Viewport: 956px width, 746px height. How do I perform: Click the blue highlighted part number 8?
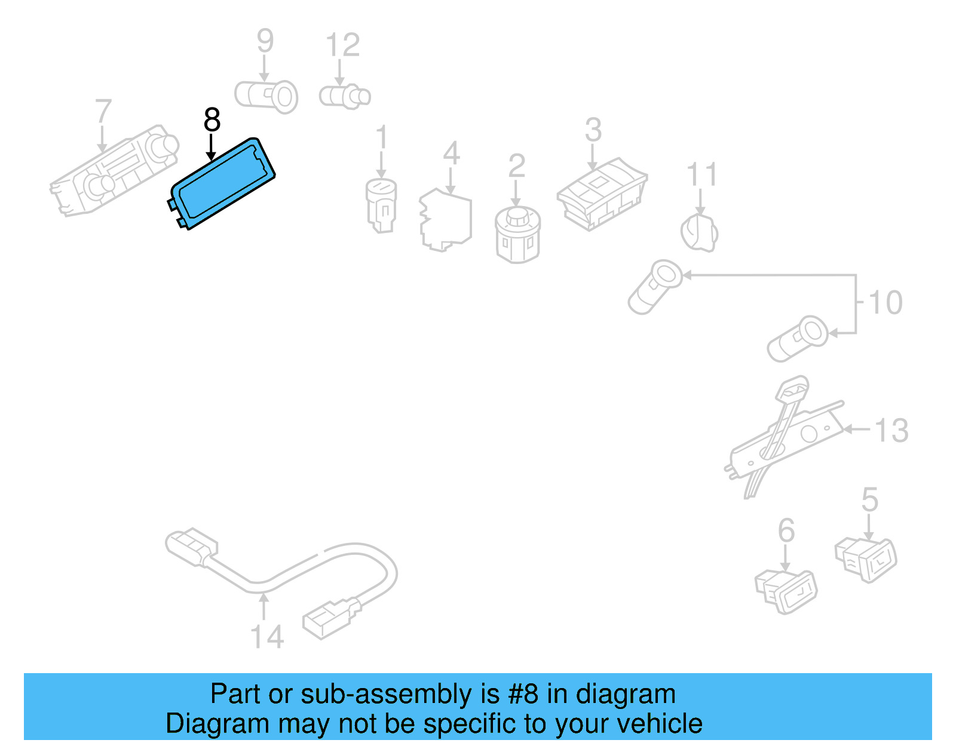coord(222,183)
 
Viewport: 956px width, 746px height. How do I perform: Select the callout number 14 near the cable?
coord(266,637)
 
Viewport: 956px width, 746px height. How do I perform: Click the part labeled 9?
coord(267,96)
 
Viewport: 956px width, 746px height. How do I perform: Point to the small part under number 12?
coord(345,96)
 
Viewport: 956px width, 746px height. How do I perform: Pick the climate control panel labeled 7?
coord(114,171)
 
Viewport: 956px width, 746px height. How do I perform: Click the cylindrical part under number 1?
coord(381,205)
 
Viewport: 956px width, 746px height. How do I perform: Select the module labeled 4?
coord(446,220)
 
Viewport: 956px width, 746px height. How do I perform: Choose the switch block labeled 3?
coord(602,193)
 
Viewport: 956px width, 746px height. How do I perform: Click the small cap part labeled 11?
coord(699,233)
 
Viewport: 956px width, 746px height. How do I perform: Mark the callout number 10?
coord(885,302)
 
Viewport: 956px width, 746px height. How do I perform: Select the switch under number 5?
coord(866,558)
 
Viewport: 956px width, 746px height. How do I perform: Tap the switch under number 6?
coord(786,591)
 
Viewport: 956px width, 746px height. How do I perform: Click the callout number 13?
coord(891,430)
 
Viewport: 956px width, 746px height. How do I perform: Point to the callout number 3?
coord(593,130)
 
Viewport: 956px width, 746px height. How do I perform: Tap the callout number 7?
coord(103,111)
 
